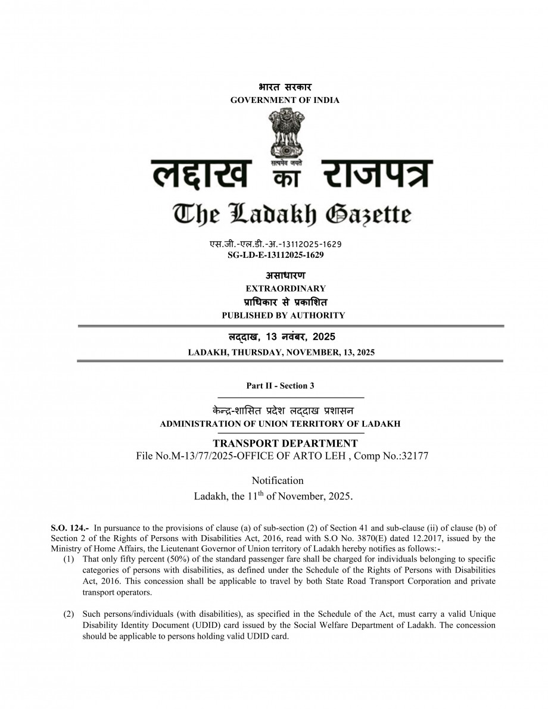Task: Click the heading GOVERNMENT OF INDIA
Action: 285,100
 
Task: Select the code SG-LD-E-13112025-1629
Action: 276,255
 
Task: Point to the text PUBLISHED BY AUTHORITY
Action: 283,315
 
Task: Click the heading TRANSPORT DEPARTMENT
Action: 285,443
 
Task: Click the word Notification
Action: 278,480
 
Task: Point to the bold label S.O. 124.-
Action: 70,527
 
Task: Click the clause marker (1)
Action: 69,560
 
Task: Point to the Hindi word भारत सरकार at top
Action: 285,88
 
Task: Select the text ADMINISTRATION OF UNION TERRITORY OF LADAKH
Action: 280,424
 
